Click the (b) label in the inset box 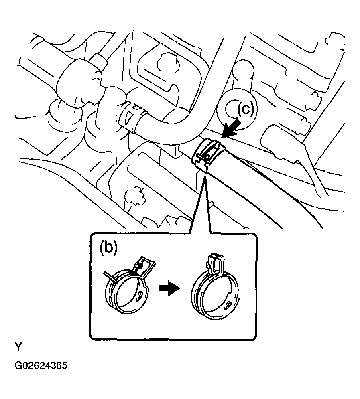click(x=108, y=248)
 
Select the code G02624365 click(x=41, y=366)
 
